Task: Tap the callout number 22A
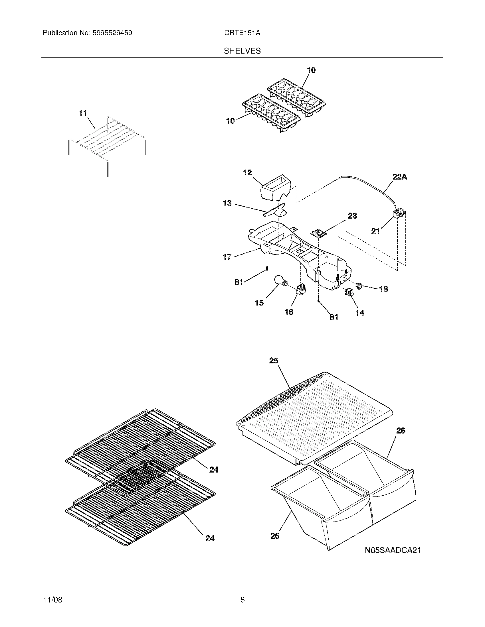[x=399, y=177]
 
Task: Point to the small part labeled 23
[x=319, y=233]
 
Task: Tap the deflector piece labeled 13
[x=276, y=211]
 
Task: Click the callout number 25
[x=274, y=361]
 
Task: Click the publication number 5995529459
[x=112, y=33]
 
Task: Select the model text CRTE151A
[x=242, y=33]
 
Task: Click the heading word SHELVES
[x=242, y=51]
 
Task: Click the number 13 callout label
[x=227, y=203]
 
